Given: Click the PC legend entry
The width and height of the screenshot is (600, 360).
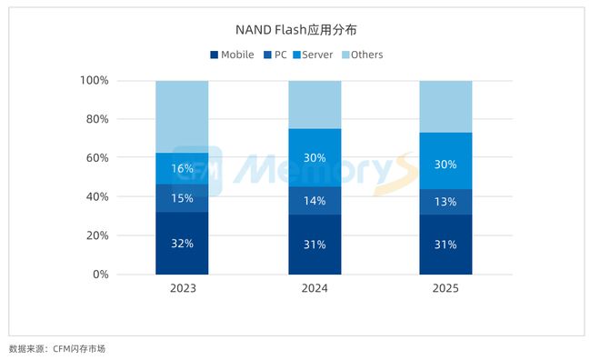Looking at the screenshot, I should (x=275, y=55).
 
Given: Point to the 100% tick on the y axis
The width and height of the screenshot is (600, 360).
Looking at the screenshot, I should (x=95, y=81).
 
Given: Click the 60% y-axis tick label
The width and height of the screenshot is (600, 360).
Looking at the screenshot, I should (x=97, y=158).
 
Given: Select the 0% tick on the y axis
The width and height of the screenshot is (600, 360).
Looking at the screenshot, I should (x=100, y=275).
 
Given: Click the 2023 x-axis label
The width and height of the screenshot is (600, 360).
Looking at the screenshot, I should (x=182, y=289).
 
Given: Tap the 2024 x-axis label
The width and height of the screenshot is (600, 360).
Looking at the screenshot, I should (x=315, y=289).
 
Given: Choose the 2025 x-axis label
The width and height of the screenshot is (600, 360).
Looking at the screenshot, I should (x=445, y=289).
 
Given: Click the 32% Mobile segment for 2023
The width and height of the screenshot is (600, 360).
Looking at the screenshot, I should (x=182, y=243).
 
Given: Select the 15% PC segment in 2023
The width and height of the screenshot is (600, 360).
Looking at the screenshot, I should (x=182, y=198).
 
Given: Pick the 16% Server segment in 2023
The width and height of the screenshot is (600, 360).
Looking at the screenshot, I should (x=182, y=168).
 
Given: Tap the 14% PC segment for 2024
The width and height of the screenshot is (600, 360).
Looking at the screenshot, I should (x=315, y=201).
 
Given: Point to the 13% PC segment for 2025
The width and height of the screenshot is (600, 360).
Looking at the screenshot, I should (x=445, y=202).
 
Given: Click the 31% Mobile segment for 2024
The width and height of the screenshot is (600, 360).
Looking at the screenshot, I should (x=315, y=245).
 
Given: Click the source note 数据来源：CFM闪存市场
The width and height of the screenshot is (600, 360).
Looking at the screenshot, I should (x=57, y=348).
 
